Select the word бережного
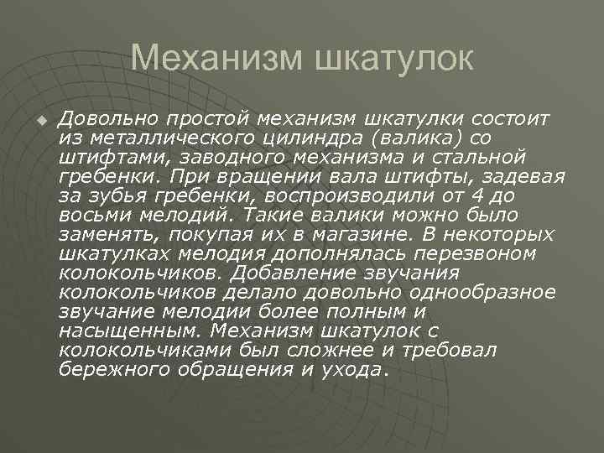pos(114,369)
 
